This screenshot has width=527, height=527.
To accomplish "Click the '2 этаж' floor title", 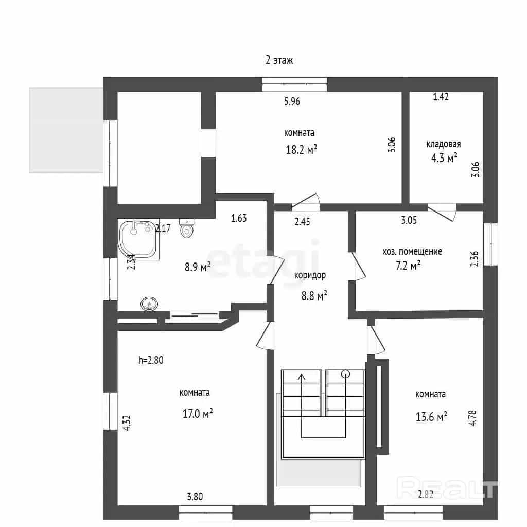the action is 279,60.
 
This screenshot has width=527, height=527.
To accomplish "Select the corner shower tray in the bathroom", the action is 138,240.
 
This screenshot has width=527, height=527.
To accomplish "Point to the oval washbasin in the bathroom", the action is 149,304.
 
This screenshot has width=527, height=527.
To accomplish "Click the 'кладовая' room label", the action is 443,144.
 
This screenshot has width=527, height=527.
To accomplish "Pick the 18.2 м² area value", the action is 302,149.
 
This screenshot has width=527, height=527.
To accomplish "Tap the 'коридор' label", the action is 310,276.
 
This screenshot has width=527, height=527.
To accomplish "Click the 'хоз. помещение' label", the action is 412,251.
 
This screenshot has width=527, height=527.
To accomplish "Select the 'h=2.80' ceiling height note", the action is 151,360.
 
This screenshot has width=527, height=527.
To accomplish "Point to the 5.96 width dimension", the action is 292,101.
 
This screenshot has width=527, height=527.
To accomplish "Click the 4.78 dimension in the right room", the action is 472,418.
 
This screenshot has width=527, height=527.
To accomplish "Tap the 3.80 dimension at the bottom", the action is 195,497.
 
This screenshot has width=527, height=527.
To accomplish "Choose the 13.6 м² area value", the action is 431,417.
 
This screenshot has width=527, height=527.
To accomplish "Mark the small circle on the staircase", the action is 345,374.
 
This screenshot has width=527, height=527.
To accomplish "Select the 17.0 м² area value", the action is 198,413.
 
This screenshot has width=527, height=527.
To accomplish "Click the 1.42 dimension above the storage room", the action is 441,97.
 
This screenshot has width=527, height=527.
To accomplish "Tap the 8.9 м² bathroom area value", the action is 197,267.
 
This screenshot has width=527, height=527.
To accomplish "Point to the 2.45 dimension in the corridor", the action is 302,222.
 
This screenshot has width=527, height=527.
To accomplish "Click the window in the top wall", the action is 295,84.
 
